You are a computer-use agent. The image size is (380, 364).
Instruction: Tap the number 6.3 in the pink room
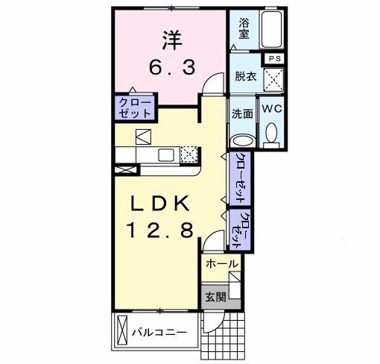pos(172,68)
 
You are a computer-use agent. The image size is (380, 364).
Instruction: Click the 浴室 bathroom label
pos(244,28)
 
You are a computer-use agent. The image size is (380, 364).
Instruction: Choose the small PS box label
pos(274,58)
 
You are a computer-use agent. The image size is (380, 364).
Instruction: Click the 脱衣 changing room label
pos(244,75)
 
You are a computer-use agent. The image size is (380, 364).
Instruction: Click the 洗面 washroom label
pos(241,115)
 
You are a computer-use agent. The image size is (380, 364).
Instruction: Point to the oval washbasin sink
pos(241,139)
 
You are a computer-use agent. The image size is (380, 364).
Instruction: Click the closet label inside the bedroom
pos(134,107)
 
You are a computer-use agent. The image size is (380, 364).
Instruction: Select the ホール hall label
pos(221,264)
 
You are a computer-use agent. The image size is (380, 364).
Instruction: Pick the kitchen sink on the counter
pos(165,155)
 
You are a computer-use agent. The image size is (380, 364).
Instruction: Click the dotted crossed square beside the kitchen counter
pos(189,154)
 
